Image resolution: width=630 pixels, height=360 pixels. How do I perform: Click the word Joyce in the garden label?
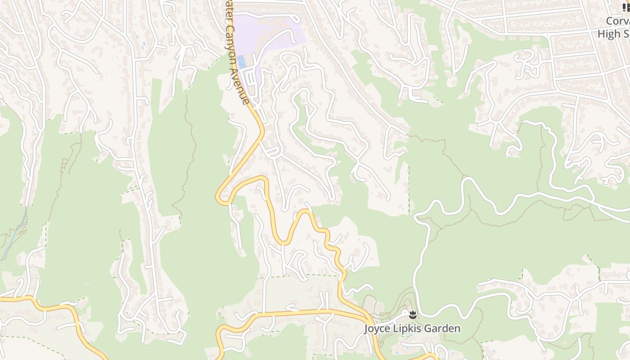(x=377, y=328)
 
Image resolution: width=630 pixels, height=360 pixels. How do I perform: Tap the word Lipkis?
(x=407, y=328)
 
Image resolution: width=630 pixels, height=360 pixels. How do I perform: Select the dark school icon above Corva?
(x=626, y=8)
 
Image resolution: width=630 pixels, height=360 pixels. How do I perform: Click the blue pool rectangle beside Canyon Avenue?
(x=242, y=61)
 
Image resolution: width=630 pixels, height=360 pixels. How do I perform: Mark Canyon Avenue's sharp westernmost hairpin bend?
(x=219, y=197)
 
